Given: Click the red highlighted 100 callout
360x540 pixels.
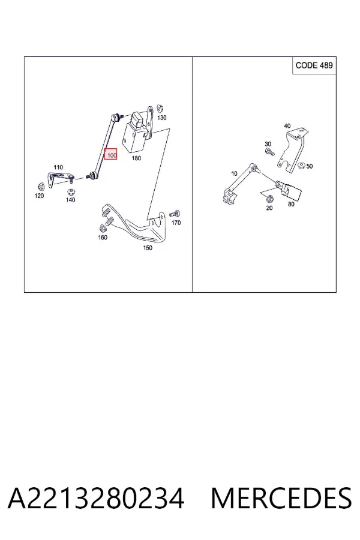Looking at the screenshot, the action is point(111,155).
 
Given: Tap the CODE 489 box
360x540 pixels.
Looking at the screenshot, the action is point(314,65).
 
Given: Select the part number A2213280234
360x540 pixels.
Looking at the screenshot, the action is point(96,499).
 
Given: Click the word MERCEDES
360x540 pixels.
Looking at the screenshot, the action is point(281,499).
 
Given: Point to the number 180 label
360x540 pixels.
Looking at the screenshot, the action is point(136,158).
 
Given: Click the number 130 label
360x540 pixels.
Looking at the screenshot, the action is point(161,118).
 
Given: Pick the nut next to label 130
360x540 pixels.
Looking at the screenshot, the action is point(160,108).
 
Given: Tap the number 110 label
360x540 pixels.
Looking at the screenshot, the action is point(58,167).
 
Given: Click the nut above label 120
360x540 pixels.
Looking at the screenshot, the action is point(40,187).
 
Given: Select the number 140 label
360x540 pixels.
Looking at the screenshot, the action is point(70,200).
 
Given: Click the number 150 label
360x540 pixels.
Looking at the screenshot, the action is point(148,248).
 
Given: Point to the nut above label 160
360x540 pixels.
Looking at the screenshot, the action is point(103,229).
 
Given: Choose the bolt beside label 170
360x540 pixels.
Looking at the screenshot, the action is point(175,214).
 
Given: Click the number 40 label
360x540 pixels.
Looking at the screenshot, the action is point(287,126).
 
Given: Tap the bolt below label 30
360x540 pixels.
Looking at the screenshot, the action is point(269,152).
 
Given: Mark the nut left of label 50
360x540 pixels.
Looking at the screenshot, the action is point(301,166).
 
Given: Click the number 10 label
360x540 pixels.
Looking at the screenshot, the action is point(234,173).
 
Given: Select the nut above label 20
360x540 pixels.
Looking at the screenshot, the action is point(271,199).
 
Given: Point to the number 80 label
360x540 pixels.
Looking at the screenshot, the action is point(291,204).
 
